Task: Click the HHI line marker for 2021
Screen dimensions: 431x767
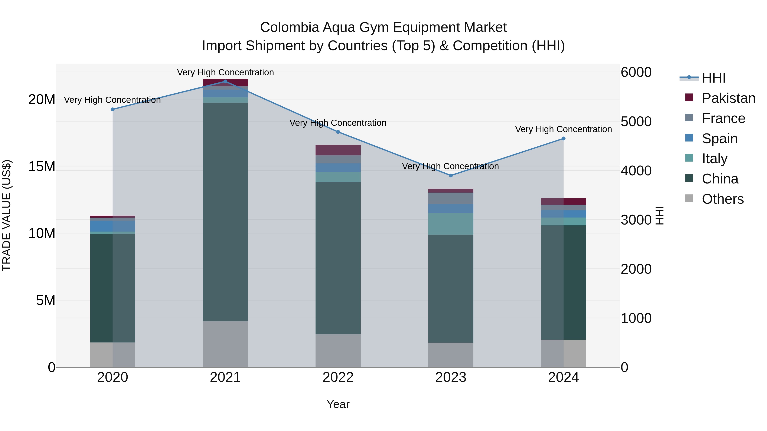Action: coord(225,82)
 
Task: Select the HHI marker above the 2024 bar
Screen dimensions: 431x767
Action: coord(563,139)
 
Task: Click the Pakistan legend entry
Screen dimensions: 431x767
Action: coord(728,98)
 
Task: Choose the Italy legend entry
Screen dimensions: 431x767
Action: coord(714,159)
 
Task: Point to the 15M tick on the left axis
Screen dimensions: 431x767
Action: coord(42,167)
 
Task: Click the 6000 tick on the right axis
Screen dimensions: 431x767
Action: coord(636,72)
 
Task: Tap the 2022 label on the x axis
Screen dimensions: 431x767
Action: coord(338,377)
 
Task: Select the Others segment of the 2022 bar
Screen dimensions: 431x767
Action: coord(338,350)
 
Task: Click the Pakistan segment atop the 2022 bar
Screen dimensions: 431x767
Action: coord(338,150)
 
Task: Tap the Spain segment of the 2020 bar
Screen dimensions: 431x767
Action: coord(112,226)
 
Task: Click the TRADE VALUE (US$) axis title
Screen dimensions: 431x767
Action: coord(7,215)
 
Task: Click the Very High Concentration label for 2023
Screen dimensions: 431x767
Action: coord(450,166)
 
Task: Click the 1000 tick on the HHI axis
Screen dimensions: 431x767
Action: coord(636,318)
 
